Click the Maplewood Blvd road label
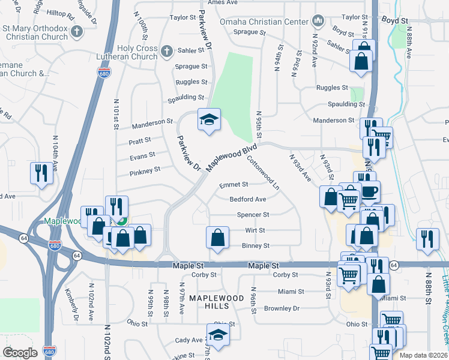(x=233, y=156)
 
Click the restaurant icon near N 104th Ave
(x=41, y=173)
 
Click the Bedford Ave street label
(x=247, y=199)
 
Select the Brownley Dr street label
(x=282, y=308)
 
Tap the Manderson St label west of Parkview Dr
(x=152, y=122)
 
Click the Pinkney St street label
(x=144, y=170)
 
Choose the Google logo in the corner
(x=20, y=353)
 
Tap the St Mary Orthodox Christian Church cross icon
(x=76, y=31)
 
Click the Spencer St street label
(x=253, y=214)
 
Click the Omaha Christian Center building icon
(x=318, y=22)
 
